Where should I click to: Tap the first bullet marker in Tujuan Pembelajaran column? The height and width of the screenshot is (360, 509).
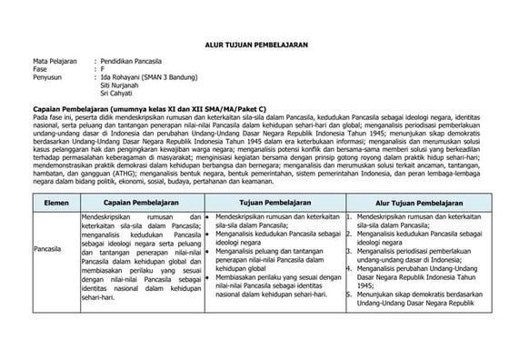pos(208,218)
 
